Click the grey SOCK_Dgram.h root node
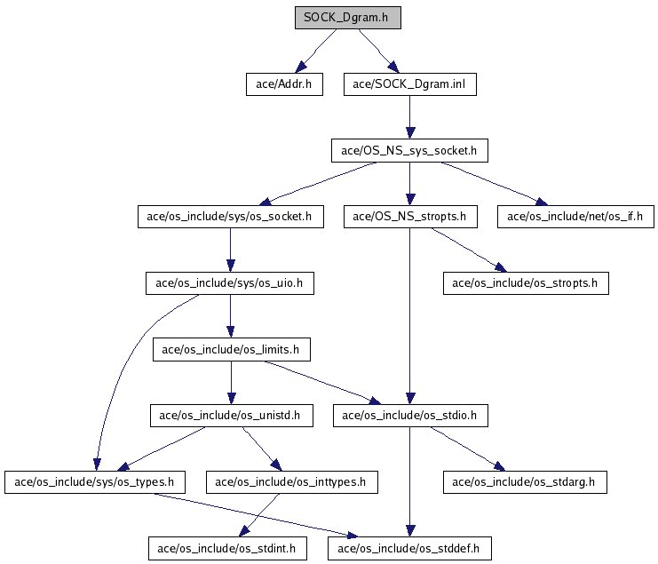click(x=348, y=18)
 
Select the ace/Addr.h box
click(x=284, y=84)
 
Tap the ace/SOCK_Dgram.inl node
click(x=410, y=84)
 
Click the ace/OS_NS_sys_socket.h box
click(x=409, y=151)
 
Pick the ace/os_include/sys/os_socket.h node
click(x=231, y=217)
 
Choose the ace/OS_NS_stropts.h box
click(x=410, y=217)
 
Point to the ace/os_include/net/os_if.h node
click(x=575, y=217)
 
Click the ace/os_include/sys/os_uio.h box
click(x=230, y=283)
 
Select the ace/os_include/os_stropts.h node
click(x=526, y=283)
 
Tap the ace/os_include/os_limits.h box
click(x=232, y=350)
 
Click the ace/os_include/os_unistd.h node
click(x=232, y=416)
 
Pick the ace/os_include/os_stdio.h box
click(x=410, y=416)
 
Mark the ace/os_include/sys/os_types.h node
click(x=95, y=482)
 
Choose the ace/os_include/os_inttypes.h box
click(x=292, y=482)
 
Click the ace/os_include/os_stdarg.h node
click(x=525, y=482)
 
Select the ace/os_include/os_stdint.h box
click(x=227, y=549)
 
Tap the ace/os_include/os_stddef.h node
click(x=409, y=549)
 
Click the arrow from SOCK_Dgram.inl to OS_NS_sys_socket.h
click(x=410, y=117)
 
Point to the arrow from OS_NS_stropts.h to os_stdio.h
click(x=410, y=316)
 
